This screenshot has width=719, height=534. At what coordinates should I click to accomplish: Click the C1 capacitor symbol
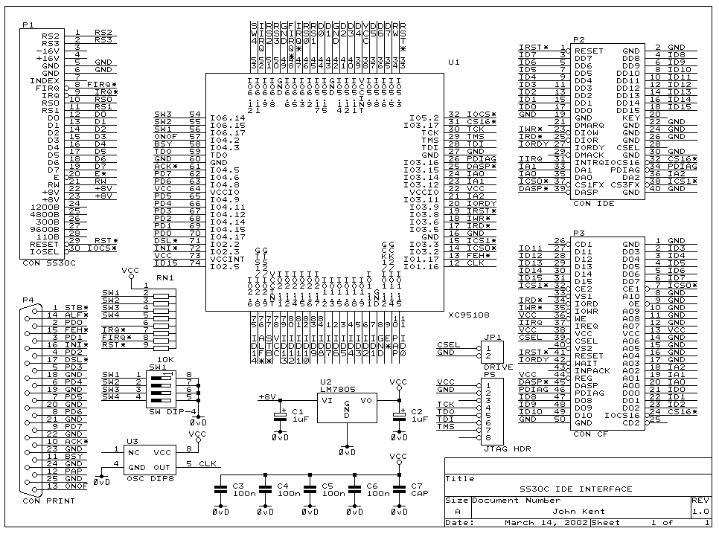pos(281,413)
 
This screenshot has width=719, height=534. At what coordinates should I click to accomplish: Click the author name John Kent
pos(577,511)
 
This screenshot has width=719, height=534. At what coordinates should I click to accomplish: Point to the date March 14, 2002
pos(534,523)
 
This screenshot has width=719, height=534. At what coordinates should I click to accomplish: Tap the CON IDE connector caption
pos(594,204)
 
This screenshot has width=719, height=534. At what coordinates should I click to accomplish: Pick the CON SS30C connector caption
pos(45,262)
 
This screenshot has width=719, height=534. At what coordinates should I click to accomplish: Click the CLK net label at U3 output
pos(208,464)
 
